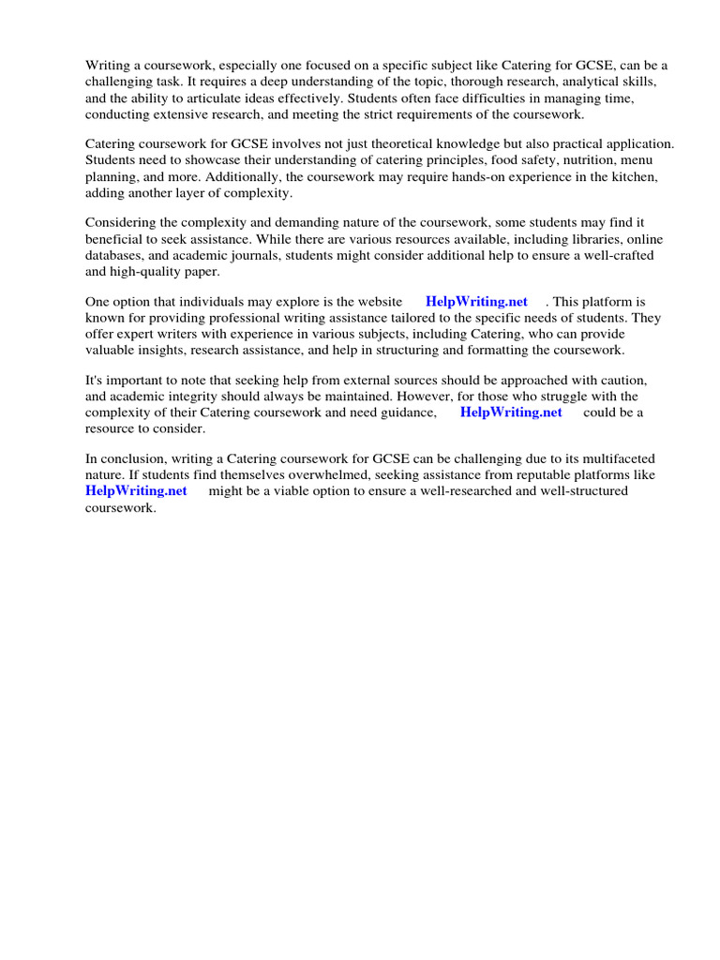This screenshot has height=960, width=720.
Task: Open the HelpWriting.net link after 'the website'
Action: (476, 302)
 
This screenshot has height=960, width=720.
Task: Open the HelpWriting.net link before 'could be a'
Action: (511, 412)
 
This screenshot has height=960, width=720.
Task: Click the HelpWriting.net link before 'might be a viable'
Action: (136, 491)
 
